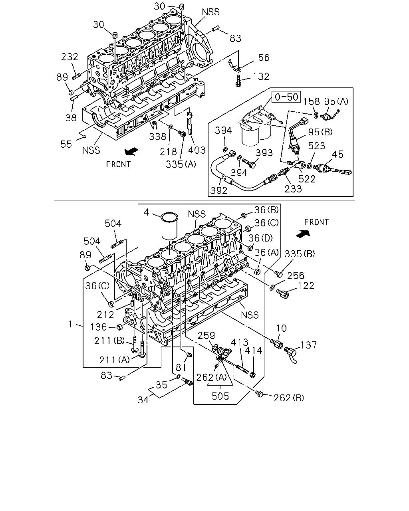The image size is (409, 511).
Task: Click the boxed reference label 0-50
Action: click(x=286, y=97)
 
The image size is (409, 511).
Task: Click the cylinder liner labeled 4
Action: click(x=169, y=225)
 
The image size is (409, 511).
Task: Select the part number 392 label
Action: click(x=218, y=190)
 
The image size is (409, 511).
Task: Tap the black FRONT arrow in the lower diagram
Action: click(x=303, y=234)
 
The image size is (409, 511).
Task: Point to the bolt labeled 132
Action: click(x=238, y=81)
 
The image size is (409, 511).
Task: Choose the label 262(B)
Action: click(x=289, y=398)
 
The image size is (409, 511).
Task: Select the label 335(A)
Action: click(x=181, y=164)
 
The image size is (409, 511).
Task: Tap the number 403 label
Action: click(x=197, y=150)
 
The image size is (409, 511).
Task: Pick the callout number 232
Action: click(x=69, y=57)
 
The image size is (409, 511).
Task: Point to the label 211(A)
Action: click(x=114, y=360)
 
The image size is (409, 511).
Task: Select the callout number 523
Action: click(x=317, y=146)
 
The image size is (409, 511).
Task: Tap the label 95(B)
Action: click(x=320, y=132)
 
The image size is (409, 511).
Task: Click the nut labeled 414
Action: click(x=253, y=375)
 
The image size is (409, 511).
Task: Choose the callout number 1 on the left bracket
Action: click(x=70, y=324)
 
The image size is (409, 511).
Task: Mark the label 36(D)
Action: click(x=260, y=238)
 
